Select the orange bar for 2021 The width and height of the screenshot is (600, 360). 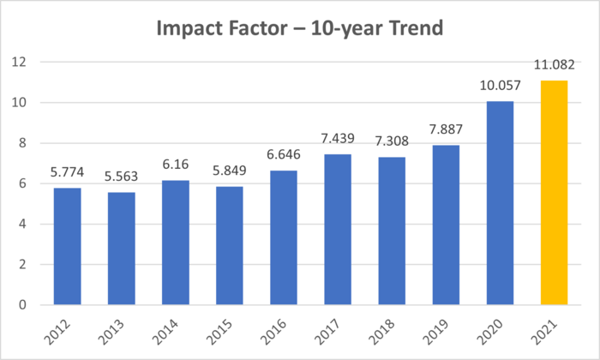pos(555,193)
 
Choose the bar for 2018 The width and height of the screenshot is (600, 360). pos(392,231)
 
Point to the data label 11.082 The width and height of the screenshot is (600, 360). pos(555,64)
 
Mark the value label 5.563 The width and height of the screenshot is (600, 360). pos(121,176)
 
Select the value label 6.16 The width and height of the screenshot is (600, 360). pos(175,164)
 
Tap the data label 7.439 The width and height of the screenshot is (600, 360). pos(338,138)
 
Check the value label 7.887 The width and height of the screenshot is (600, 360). pos(447,129)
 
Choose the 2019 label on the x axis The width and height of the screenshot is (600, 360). pos(441,331)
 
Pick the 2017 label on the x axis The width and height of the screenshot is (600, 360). pos(333,331)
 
